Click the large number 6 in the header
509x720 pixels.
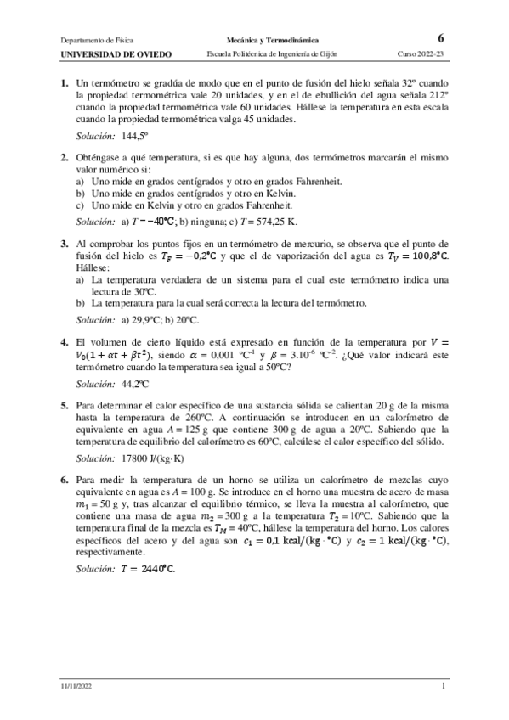click(x=440, y=38)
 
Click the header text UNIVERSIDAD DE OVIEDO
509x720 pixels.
click(x=116, y=53)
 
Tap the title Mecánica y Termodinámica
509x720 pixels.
click(x=273, y=39)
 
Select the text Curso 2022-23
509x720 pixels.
click(x=421, y=53)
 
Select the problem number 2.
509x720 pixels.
click(x=64, y=157)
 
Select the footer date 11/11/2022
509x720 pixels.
click(x=76, y=685)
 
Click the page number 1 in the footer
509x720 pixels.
click(x=443, y=685)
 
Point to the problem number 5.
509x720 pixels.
click(x=64, y=405)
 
